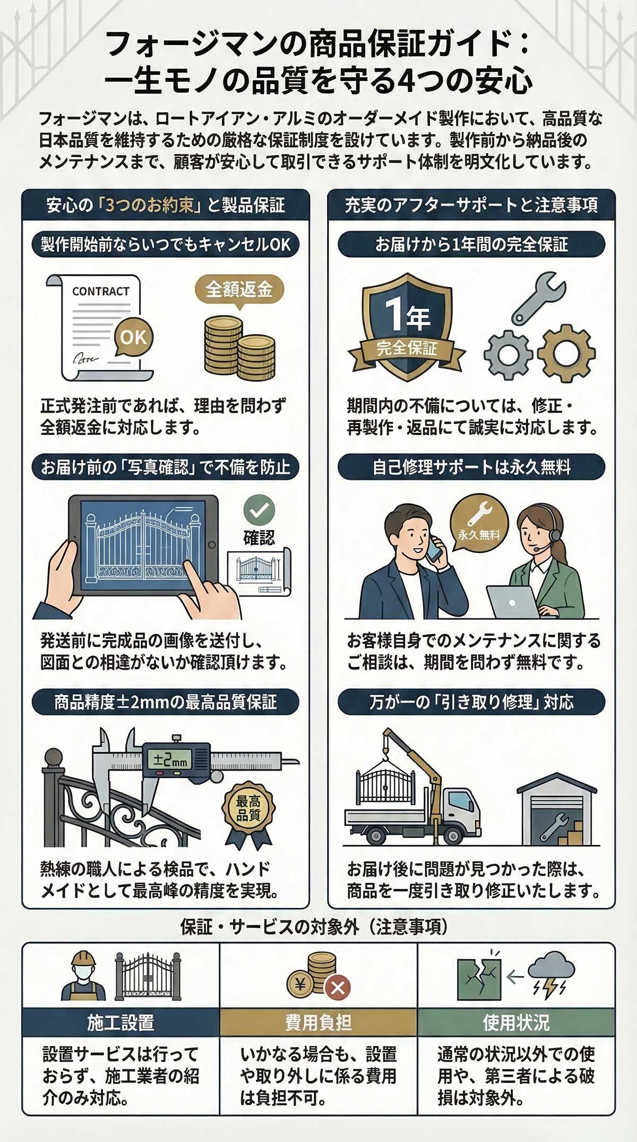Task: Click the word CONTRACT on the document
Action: (x=101, y=291)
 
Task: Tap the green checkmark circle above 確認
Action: (x=259, y=510)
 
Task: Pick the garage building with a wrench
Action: (x=557, y=810)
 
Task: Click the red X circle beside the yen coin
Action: (x=338, y=988)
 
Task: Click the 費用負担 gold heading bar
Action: (x=318, y=1022)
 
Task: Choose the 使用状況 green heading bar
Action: (x=516, y=1022)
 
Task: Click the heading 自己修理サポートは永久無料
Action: (x=471, y=467)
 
